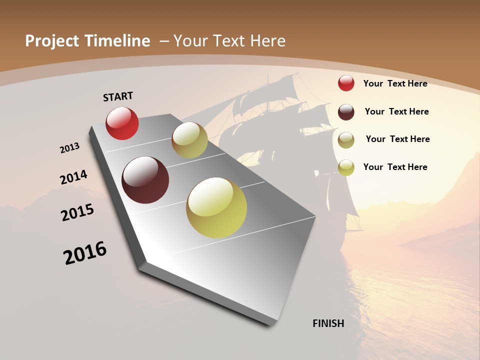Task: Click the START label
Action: tap(118, 96)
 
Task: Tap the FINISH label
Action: tap(328, 323)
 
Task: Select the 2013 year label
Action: tap(70, 148)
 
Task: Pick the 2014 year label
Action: tap(74, 177)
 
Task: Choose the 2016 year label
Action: tap(85, 252)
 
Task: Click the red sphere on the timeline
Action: tap(122, 123)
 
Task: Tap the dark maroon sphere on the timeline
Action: tap(145, 180)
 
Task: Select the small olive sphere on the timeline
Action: tap(189, 140)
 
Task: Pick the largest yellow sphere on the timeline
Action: tap(216, 207)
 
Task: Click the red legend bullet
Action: tap(346, 83)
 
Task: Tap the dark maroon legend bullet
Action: tap(346, 111)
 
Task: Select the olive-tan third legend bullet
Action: tap(346, 140)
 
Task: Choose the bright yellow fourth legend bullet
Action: tap(346, 167)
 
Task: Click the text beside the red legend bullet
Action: tap(395, 83)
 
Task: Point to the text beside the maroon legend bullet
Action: tap(396, 111)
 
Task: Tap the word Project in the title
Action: tap(51, 41)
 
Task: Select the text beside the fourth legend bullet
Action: tap(395, 167)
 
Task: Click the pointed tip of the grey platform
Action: tap(316, 216)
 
